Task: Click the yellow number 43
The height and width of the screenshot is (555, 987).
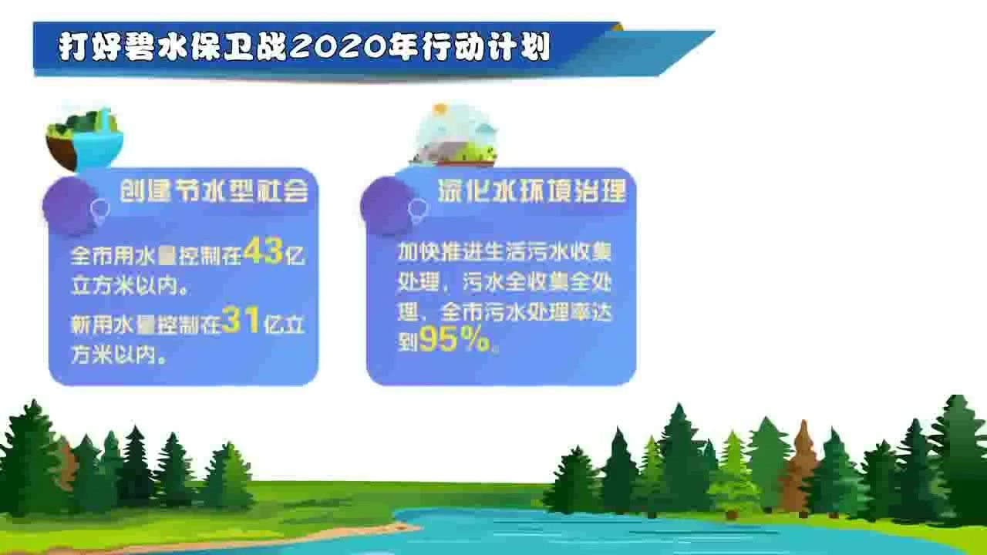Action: pos(264,251)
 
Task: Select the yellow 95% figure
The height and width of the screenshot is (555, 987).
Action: pos(454,339)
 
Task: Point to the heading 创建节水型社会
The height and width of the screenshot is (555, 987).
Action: pos(214,192)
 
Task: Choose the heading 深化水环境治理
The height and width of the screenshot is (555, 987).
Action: pos(532,192)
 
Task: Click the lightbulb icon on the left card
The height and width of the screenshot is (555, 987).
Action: pos(100,211)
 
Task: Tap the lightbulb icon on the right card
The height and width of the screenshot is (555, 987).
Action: pos(418,211)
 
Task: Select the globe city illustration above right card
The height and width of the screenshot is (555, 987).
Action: pos(455,135)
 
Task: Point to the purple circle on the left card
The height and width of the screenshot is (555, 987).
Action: pos(70,206)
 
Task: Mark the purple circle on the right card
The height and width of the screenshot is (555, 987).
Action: pos(389,206)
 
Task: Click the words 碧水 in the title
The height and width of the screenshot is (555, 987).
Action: pos(147,47)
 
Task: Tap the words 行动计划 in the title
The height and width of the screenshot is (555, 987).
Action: pos(485,47)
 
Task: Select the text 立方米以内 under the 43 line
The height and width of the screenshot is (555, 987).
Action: pos(125,286)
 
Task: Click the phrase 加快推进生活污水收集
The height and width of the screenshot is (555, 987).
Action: pos(504,252)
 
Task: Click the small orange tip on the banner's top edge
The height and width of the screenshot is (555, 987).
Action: pos(618,26)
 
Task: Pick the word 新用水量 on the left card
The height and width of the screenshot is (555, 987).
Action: pos(113,325)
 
